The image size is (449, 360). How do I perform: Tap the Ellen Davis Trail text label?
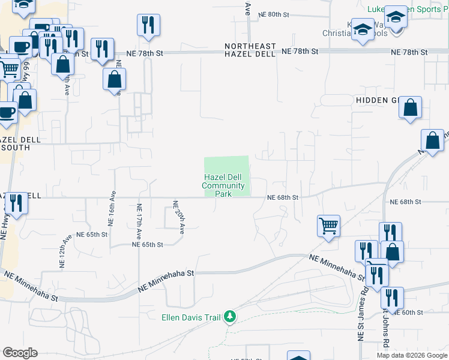[x=191, y=317]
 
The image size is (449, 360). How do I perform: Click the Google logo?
[x=20, y=353]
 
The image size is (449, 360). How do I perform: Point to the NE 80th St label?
[x=278, y=14]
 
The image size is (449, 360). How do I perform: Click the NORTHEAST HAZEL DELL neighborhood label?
[x=250, y=50]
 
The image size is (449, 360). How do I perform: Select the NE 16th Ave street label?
[x=111, y=209]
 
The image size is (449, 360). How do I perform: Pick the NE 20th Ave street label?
[x=178, y=216]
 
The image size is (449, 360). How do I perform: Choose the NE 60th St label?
[x=412, y=313]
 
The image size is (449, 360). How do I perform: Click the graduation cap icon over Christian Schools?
[x=363, y=29]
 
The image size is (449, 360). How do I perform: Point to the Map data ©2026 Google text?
[x=412, y=355]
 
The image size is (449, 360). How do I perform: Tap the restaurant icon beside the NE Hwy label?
[x=16, y=203]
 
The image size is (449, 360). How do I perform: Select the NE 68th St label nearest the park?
[x=283, y=197]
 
